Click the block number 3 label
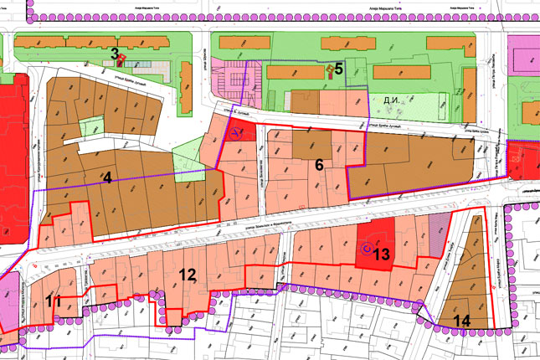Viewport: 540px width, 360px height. click(115, 53)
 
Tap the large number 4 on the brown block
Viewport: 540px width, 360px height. click(106, 177)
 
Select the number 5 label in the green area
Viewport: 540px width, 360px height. click(339, 69)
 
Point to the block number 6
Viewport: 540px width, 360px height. click(318, 165)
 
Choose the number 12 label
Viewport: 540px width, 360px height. click(187, 274)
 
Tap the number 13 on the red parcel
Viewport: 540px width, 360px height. click(382, 254)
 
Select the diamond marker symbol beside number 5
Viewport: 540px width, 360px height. click(329, 69)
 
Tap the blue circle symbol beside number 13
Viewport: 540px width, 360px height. click(366, 249)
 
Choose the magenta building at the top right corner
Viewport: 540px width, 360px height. click(525, 56)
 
